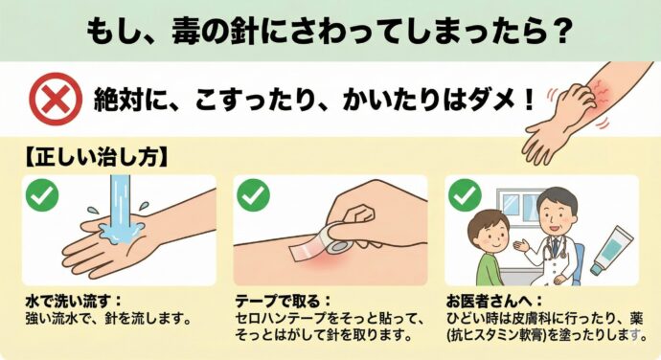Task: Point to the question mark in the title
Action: click(x=560, y=31)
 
